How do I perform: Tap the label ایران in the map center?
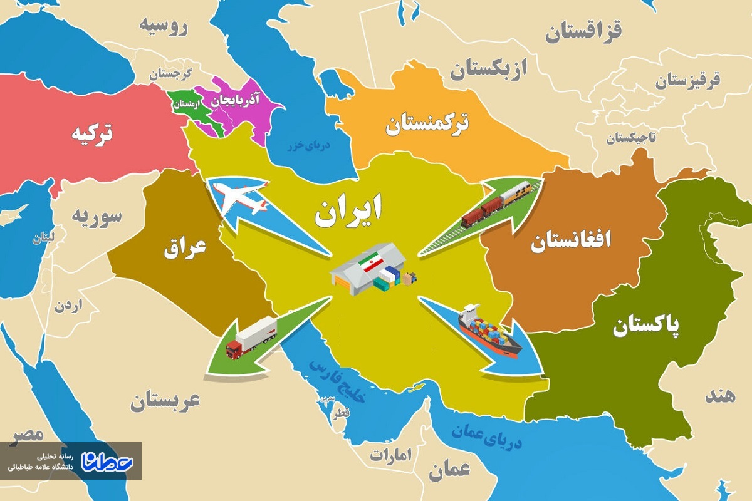[x=348, y=211]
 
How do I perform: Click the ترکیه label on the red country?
[x=91, y=133]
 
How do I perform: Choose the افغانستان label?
[x=571, y=241]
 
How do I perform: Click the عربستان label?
[x=165, y=401]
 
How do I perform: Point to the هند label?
[x=719, y=396]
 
